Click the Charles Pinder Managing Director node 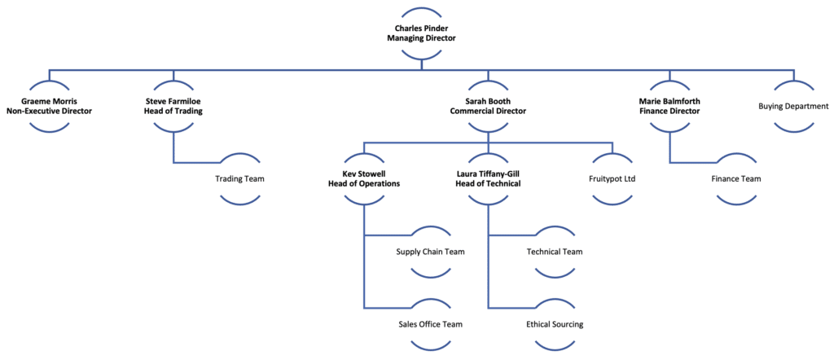point(421,33)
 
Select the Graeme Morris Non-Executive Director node point(49,107)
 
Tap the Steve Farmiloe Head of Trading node point(174,107)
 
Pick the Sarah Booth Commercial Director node point(488,107)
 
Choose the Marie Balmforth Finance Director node point(669,107)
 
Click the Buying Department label point(793,107)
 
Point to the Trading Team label point(239,179)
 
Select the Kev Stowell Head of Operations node point(364,178)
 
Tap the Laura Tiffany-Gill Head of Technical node point(488,178)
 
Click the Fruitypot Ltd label point(612,179)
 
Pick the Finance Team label point(736,179)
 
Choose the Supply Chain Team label point(431,252)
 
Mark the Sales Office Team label point(431,324)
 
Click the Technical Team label point(555,252)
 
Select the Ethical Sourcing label point(555,324)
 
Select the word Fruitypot point(606,179)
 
